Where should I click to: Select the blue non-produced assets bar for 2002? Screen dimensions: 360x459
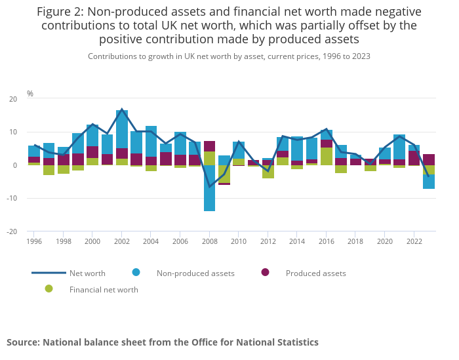(122, 129)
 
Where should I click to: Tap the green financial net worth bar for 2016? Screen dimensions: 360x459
(327, 156)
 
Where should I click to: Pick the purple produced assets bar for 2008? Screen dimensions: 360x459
(209, 146)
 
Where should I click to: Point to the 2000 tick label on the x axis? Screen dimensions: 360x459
(92, 241)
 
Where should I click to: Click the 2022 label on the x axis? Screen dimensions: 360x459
(414, 241)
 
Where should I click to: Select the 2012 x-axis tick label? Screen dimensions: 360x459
(268, 241)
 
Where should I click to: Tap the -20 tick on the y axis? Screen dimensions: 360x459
(13, 231)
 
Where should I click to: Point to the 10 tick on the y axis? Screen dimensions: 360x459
(14, 132)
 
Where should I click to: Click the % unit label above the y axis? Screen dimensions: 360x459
(30, 94)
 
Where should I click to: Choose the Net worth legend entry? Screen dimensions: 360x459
(87, 273)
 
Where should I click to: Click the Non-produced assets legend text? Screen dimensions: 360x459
(195, 273)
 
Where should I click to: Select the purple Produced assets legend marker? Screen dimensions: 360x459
(265, 272)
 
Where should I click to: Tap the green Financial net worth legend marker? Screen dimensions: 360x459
(49, 289)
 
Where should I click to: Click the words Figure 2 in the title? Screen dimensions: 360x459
(62, 12)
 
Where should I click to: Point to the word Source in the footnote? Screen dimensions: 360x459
(22, 342)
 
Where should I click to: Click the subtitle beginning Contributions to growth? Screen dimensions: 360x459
(229, 56)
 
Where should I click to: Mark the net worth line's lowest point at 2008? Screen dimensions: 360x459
(209, 187)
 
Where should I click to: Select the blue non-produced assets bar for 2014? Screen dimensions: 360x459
(296, 148)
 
